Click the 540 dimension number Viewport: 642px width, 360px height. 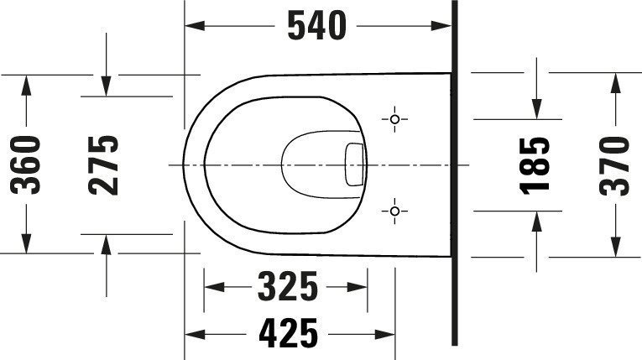click(317, 26)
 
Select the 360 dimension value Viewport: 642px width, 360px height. click(26, 165)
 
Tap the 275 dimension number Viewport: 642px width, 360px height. click(103, 165)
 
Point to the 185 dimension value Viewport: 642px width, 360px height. click(535, 165)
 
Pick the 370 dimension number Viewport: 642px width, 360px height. click(613, 166)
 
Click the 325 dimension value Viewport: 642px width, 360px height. click(287, 286)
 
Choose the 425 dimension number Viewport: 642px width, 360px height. click(288, 333)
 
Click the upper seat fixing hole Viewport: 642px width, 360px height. click(394, 119)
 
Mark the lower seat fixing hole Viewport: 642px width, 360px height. click(394, 211)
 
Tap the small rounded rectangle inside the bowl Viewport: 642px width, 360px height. click(354, 164)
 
